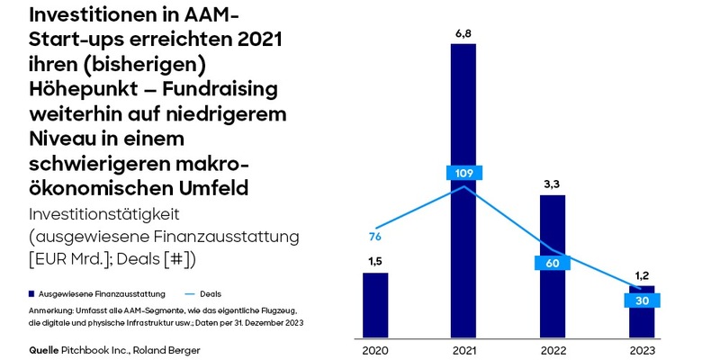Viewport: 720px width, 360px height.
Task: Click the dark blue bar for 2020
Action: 375,305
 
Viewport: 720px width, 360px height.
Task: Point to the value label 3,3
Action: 552,184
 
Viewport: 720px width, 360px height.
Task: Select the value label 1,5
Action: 375,262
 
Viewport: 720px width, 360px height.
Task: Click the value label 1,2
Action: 641,275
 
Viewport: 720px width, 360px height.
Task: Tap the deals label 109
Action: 463,173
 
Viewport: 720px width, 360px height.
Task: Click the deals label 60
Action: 552,263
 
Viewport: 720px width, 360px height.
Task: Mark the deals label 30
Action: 641,301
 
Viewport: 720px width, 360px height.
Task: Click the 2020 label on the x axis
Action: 375,349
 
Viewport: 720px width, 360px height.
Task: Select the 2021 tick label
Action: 463,349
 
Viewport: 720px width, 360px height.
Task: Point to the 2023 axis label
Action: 641,349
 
